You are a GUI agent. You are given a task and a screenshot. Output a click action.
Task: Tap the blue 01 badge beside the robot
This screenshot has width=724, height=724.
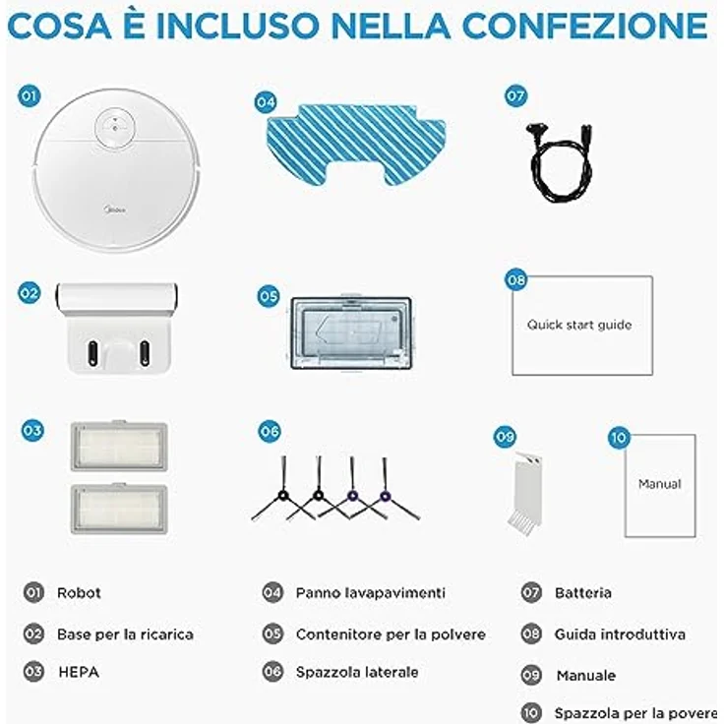pos(30,96)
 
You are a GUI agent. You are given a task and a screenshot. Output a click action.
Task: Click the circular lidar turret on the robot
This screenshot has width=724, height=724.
pos(115,126)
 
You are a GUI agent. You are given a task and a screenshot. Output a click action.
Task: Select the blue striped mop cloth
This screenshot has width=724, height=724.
pos(356,145)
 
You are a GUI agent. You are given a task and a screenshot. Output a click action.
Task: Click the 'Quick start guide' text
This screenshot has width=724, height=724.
pos(579,325)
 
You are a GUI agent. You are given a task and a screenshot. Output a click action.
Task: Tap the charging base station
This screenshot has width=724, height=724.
pos(119,328)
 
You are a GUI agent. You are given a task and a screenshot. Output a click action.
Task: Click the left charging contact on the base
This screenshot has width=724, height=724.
pos(92,353)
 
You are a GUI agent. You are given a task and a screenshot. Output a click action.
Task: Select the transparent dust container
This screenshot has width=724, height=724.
pos(351,332)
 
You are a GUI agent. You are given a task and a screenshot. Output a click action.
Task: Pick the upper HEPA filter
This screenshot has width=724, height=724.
pos(119,446)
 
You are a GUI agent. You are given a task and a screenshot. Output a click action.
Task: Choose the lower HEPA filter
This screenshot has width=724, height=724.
pos(119,509)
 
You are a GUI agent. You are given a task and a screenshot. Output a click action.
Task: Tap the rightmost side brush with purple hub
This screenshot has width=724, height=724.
pos(385,497)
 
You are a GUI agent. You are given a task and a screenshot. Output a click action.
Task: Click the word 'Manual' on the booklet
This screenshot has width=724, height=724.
pos(660,484)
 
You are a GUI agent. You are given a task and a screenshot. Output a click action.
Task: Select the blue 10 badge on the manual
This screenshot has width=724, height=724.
pos(619,438)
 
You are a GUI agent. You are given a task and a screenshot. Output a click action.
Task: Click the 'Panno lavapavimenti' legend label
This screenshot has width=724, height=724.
pos(370,593)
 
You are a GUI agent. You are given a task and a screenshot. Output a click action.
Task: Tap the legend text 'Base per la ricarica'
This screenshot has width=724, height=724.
pos(125,634)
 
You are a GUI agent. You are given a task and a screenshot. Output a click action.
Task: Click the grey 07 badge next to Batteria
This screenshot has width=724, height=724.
pos(531,592)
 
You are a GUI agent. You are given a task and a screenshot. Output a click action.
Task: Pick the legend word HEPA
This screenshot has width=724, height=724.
pos(79,672)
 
